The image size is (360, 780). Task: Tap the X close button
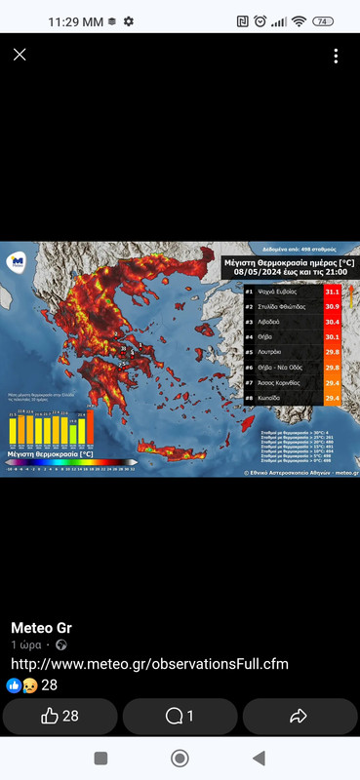[20, 55]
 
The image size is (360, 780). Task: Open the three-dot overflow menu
[336, 56]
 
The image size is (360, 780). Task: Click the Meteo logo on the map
[17, 261]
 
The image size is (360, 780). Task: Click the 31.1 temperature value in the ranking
[332, 292]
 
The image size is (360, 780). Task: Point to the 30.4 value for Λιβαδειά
[332, 321]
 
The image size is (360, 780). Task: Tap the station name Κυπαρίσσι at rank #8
[272, 398]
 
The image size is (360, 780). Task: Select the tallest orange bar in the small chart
[82, 428]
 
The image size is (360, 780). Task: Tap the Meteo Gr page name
[41, 627]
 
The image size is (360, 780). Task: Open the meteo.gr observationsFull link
[149, 664]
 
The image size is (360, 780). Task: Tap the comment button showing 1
[180, 717]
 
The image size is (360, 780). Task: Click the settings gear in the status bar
[129, 20]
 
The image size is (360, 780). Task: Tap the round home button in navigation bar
[180, 759]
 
